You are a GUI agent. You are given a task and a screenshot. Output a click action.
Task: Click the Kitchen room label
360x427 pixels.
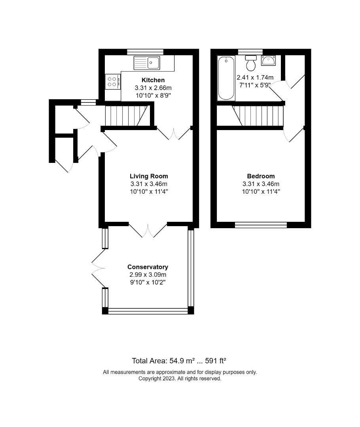(153, 80)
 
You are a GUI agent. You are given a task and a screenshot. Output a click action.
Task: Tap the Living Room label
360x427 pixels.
(149, 176)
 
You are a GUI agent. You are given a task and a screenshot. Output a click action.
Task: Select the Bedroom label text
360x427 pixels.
(261, 176)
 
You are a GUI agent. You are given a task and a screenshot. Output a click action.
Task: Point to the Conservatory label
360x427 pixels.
(148, 267)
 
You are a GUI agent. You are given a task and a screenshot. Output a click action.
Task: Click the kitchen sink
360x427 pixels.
(147, 62)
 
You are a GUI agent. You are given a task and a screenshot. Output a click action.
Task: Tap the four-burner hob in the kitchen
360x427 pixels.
(113, 82)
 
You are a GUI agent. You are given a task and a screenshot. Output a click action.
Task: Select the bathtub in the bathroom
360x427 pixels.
(226, 78)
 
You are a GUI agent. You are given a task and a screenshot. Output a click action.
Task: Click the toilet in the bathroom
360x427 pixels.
(251, 62)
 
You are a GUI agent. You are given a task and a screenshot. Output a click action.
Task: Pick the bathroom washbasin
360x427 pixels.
(269, 60)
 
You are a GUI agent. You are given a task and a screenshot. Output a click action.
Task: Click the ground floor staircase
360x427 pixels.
(127, 116)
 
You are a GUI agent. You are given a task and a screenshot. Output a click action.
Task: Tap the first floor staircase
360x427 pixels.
(258, 116)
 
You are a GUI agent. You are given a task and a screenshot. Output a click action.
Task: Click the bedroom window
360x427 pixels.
(261, 225)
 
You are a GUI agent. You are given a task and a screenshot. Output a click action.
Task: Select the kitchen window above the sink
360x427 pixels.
(145, 52)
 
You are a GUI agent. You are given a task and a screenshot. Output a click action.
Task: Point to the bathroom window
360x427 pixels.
(250, 52)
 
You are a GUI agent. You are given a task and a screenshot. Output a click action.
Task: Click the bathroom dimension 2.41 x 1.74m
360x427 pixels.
(255, 77)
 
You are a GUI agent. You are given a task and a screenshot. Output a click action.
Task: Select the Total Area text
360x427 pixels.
(179, 361)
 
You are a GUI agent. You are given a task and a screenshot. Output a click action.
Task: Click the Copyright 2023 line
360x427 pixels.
(180, 378)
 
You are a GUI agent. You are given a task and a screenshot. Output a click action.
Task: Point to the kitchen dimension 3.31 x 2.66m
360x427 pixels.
(153, 88)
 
